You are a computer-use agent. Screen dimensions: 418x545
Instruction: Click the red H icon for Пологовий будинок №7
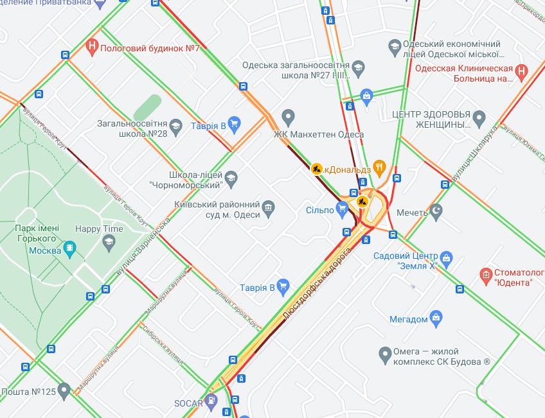coord(93,47)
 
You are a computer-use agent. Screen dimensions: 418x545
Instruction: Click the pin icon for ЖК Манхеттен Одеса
coord(288,118)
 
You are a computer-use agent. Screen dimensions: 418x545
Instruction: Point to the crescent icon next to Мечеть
coord(436,211)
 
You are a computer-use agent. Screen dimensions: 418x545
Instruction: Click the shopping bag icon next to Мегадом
coord(436,317)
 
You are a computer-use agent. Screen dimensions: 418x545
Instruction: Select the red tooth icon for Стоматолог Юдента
coord(487,276)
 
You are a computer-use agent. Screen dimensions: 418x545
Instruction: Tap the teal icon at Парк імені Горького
coord(70,248)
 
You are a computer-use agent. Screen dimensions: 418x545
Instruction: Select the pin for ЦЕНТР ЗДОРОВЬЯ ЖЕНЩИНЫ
coord(479,118)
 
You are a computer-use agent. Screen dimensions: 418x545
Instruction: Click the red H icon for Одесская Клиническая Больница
coord(521,72)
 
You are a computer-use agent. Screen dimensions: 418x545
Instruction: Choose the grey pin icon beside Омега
coord(385,353)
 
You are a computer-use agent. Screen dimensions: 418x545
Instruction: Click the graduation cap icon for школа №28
coord(175,125)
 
